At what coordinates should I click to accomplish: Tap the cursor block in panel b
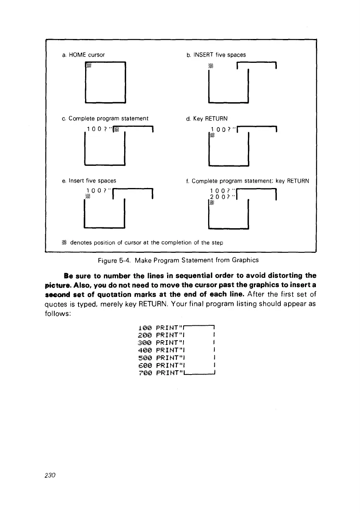click(211, 66)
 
